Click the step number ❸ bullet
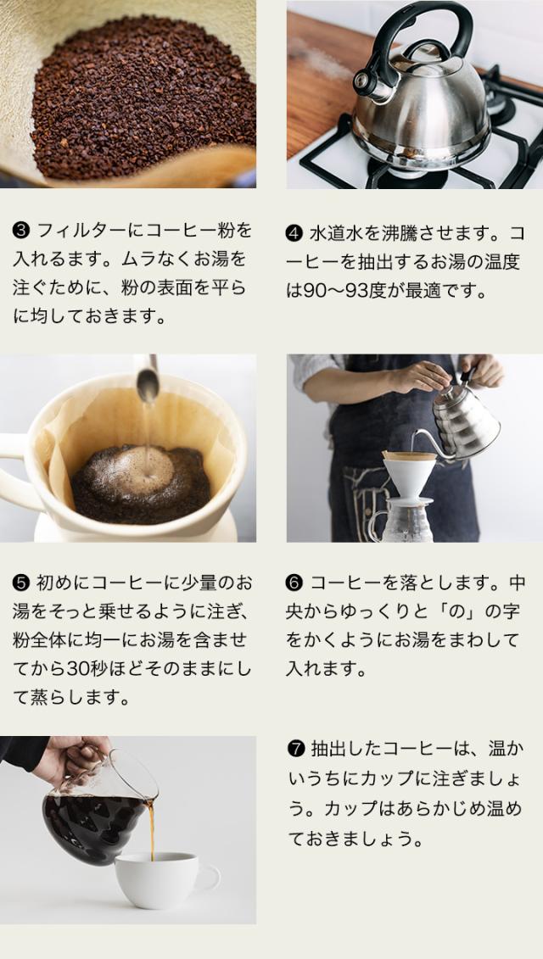click(21, 231)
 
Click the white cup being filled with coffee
click(165, 879)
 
